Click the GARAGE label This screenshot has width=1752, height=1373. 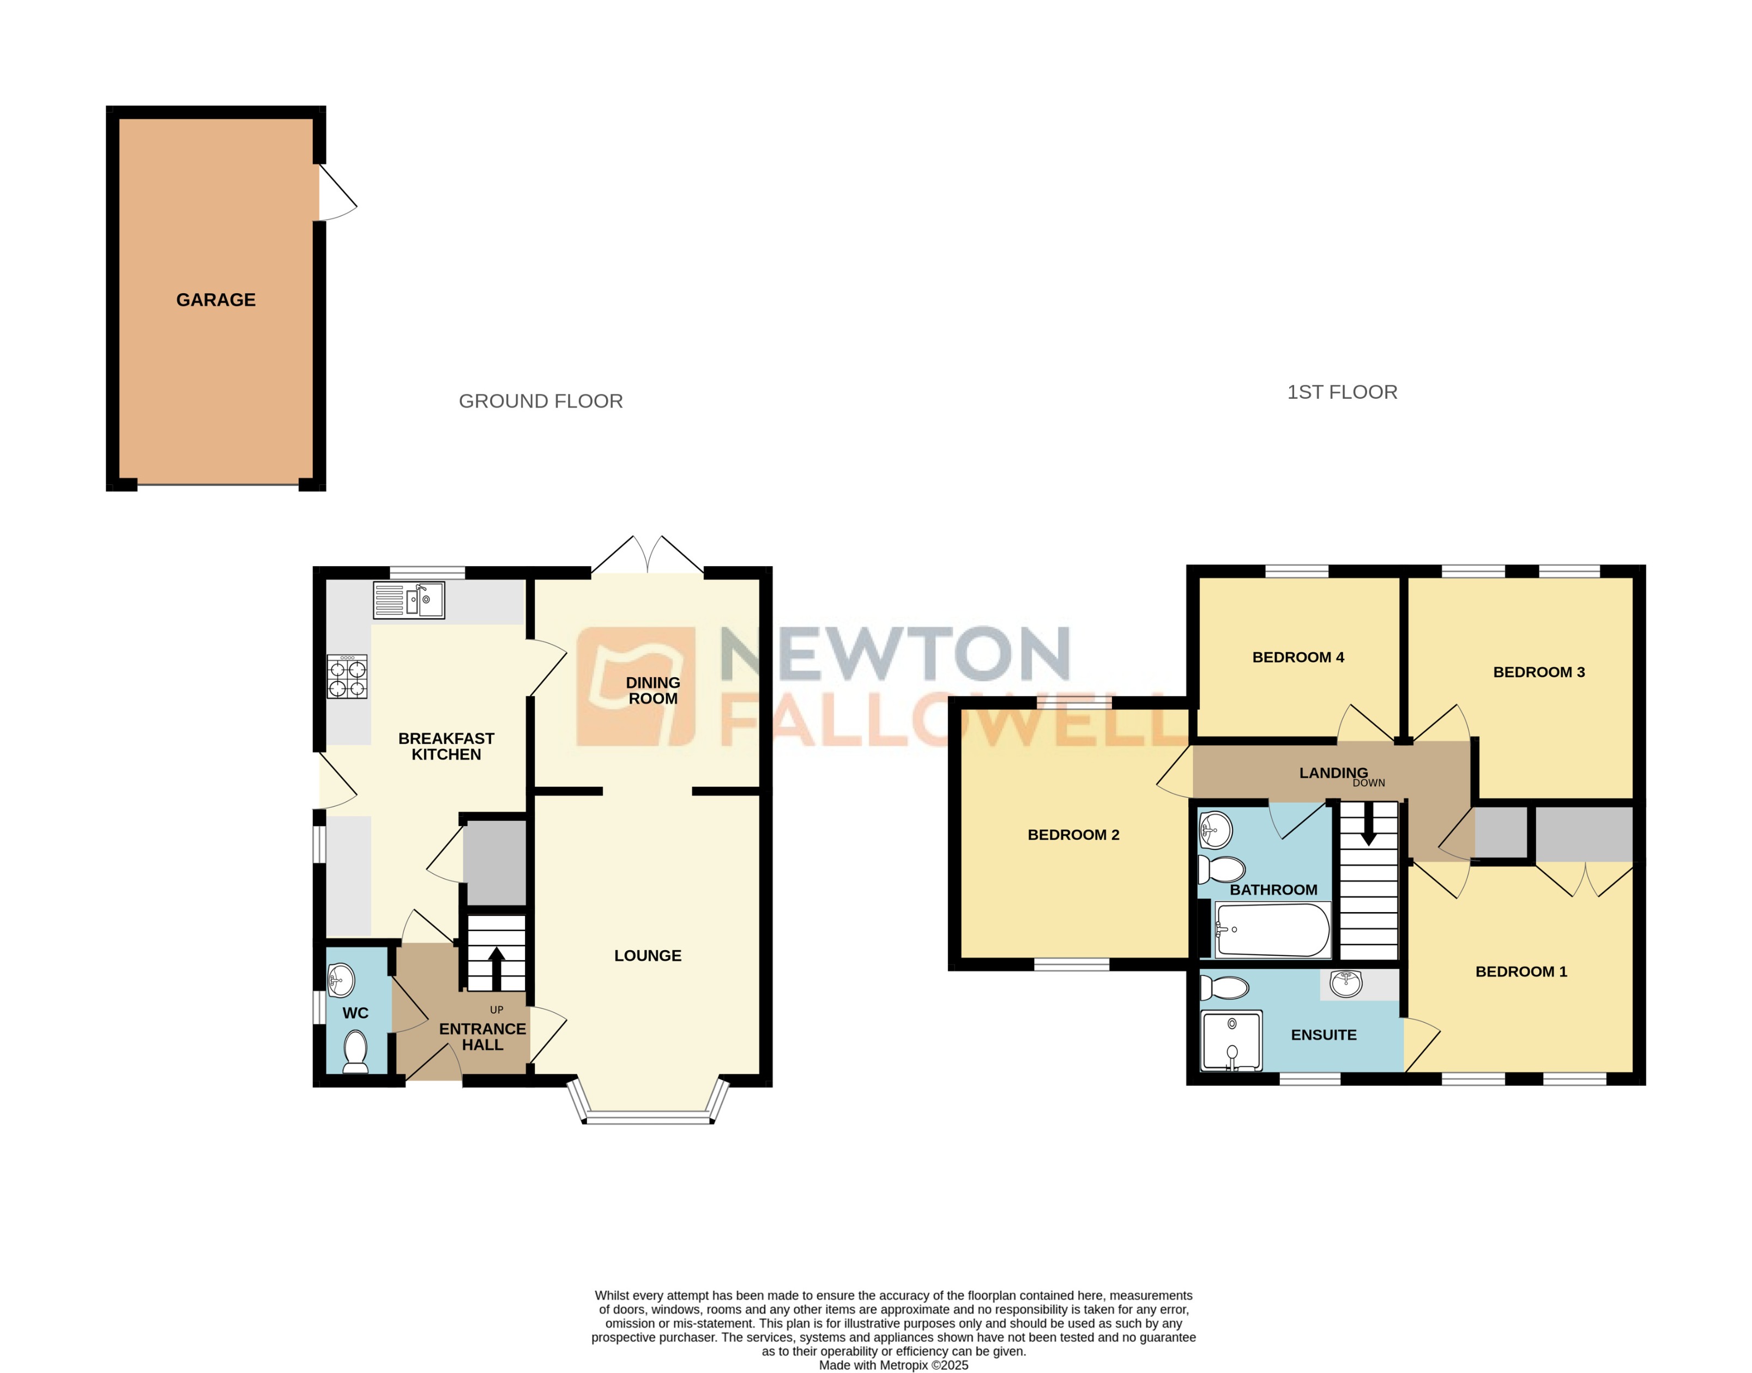[x=215, y=300]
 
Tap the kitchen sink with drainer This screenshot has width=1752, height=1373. [x=408, y=600]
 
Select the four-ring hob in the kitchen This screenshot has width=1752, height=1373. [x=347, y=677]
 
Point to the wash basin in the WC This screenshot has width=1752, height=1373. [x=342, y=979]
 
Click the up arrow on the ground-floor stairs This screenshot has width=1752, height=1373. [x=496, y=967]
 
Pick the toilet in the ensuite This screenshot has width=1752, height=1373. [x=1224, y=987]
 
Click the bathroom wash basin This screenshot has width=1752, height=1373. [x=1216, y=830]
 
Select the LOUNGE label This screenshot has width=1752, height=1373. [x=647, y=956]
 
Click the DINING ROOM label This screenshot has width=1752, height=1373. [x=653, y=690]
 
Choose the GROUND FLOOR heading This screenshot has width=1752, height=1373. [x=540, y=401]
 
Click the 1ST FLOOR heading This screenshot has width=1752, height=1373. [x=1342, y=392]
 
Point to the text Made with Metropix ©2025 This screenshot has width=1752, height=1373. [x=893, y=1365]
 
